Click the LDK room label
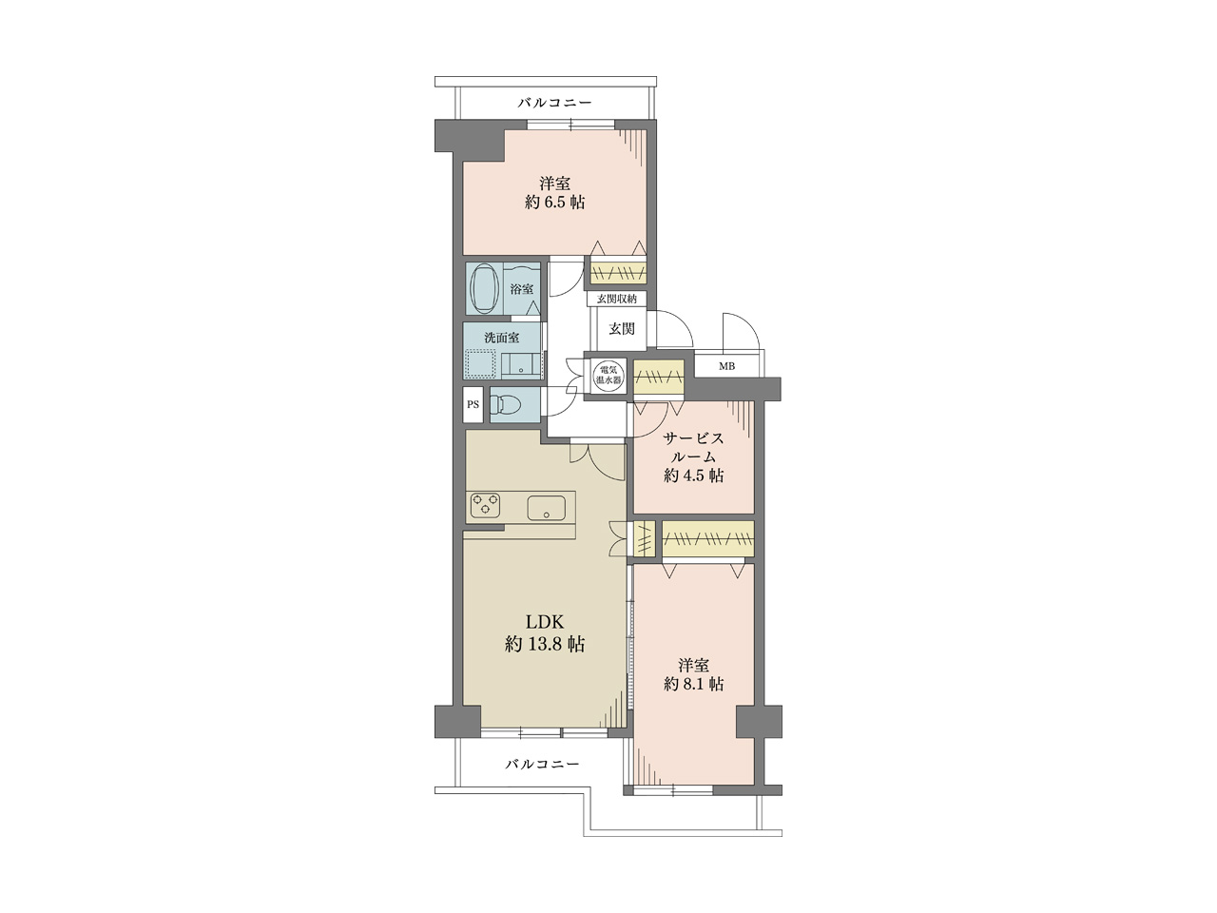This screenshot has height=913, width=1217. point(544,622)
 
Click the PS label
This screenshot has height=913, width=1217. point(473,405)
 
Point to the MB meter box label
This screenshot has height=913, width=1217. point(726,366)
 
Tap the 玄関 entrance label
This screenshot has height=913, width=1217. point(622,329)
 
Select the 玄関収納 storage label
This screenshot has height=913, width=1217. point(617,299)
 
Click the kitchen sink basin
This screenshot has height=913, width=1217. point(546,507)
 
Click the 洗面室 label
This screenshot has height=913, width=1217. point(502,338)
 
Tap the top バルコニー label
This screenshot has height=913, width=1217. point(555,103)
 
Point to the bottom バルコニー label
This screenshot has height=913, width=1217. point(542,764)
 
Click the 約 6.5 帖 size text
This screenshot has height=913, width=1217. point(554,202)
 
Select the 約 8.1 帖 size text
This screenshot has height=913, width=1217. point(694,684)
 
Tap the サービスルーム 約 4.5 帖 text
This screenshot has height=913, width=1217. point(694,456)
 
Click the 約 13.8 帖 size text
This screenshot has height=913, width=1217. point(545,644)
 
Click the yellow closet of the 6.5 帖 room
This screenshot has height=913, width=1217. point(618,273)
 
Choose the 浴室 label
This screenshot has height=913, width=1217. point(522,289)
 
